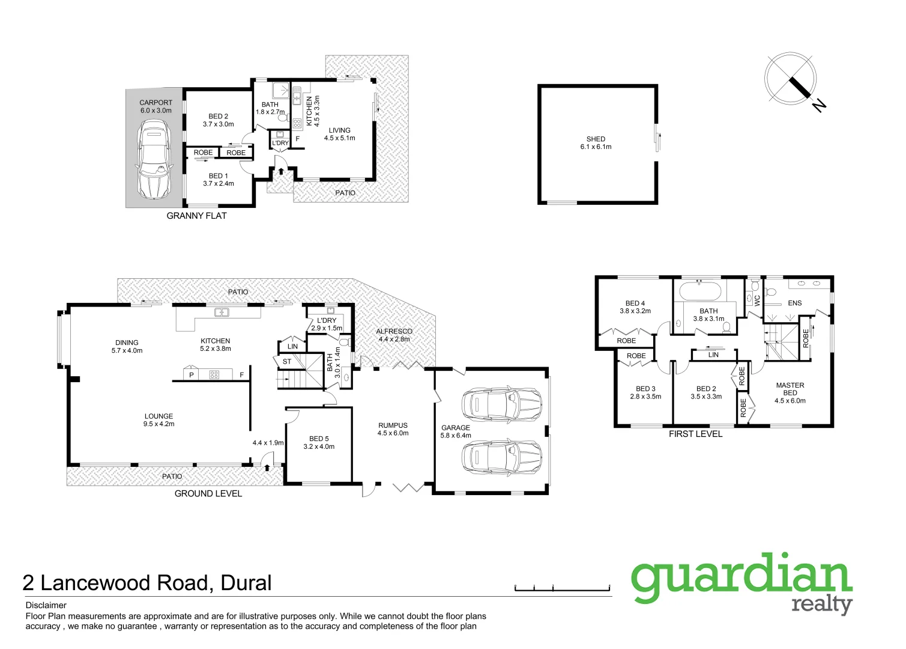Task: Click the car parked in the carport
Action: pos(154,159)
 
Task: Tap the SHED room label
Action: pos(596,139)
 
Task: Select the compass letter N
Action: pos(819,105)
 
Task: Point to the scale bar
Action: pos(562,588)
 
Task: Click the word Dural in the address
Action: pos(246,583)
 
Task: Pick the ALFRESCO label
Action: pos(394,331)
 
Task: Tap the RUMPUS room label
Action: pos(393,425)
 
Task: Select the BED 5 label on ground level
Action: pos(319,439)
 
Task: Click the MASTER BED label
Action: pos(790,389)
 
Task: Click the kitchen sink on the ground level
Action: pos(222,312)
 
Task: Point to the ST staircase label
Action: pos(287,361)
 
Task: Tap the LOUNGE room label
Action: pos(159,416)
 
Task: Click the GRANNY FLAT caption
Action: pos(196,216)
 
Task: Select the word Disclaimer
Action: pos(46,605)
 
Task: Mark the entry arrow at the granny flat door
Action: pos(281,172)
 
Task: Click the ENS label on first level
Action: pos(794,303)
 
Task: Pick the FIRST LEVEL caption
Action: pos(695,434)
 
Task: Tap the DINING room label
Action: pos(127,343)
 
